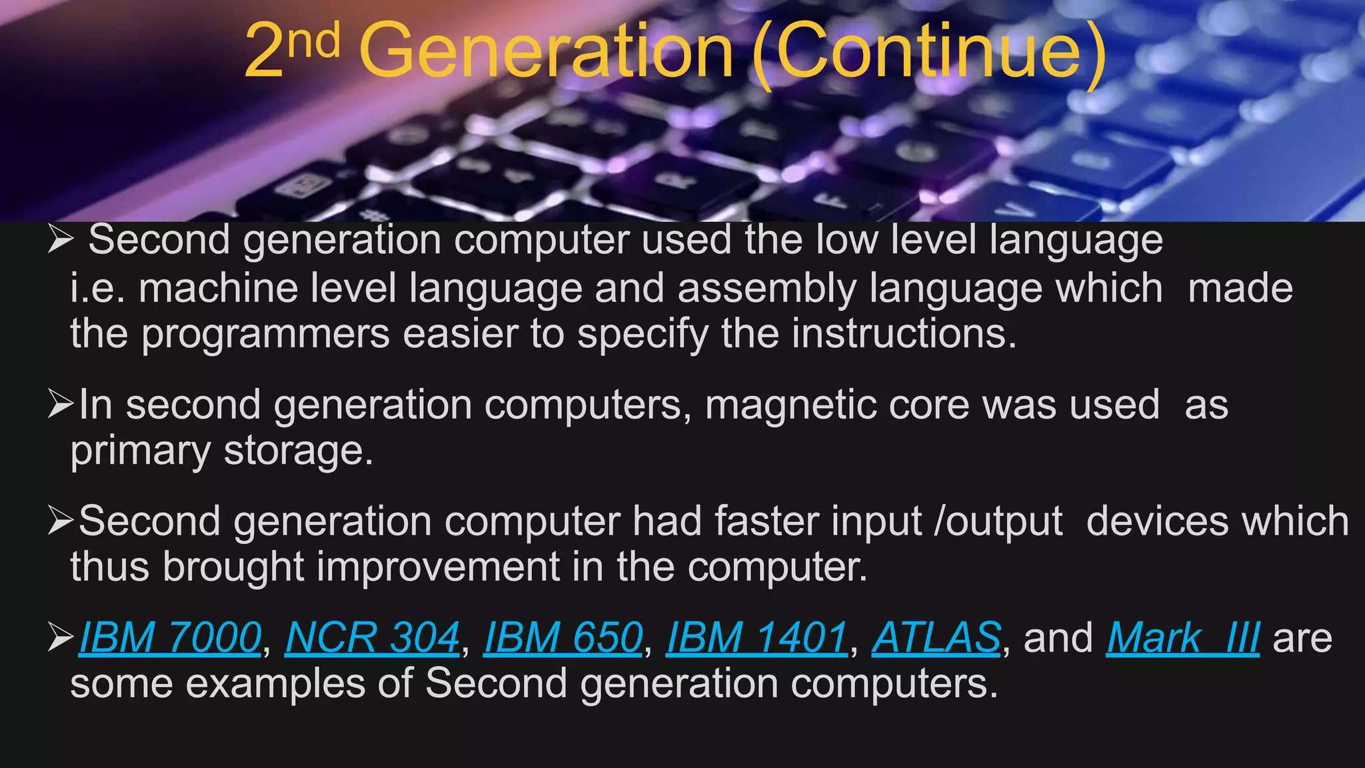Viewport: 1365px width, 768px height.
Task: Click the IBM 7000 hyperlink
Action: (170, 637)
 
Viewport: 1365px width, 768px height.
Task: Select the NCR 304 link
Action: (372, 637)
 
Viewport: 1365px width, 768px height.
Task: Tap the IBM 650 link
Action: (563, 637)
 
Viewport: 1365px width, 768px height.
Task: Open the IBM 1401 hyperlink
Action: (756, 637)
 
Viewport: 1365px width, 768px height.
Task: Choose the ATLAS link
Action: (936, 637)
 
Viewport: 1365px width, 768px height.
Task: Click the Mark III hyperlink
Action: (1182, 637)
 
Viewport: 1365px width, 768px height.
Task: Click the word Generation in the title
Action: (547, 52)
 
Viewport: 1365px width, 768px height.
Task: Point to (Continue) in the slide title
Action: (930, 52)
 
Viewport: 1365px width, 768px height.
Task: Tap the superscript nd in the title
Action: (315, 39)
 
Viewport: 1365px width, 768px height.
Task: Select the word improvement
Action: (437, 567)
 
